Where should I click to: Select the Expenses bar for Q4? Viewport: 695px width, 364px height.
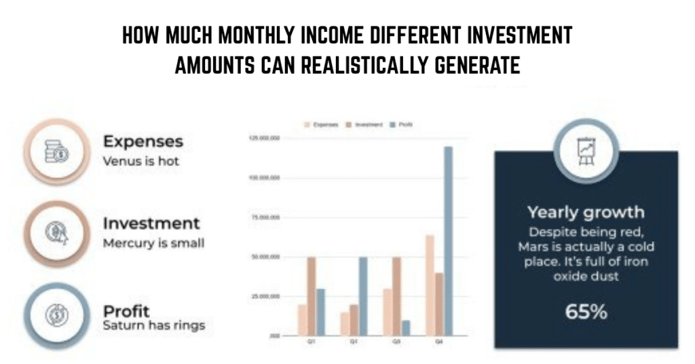[429, 285]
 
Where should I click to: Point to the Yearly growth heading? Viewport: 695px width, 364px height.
[586, 212]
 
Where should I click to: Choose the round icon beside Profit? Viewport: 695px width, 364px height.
[56, 316]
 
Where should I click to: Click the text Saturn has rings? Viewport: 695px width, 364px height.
[153, 326]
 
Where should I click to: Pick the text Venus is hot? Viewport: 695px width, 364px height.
[141, 162]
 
